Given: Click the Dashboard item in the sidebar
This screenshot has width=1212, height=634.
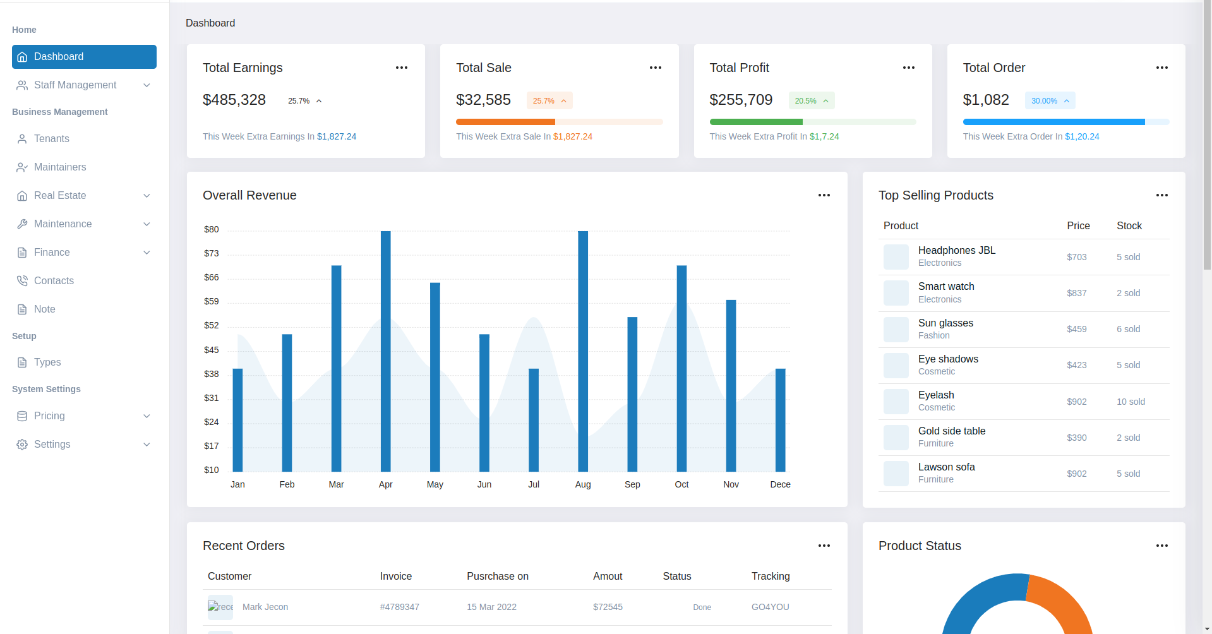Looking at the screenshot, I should (x=84, y=57).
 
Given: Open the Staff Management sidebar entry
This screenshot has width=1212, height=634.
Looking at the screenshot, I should (x=75, y=85).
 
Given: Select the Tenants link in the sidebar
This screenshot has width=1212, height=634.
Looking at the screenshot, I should (x=52, y=139).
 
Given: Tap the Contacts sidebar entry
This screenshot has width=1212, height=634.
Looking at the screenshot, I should (x=54, y=281).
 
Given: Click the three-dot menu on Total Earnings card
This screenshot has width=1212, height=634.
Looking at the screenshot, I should (x=402, y=68).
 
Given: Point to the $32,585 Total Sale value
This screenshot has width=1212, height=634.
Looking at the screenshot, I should (x=483, y=100).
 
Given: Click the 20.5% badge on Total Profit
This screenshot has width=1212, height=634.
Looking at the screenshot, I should (x=811, y=101).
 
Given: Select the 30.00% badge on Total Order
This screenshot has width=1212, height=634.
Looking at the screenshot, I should (x=1050, y=101).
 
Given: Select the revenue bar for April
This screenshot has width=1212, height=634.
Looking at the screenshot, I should (x=385, y=351).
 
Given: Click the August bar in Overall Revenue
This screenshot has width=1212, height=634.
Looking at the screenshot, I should (x=583, y=351).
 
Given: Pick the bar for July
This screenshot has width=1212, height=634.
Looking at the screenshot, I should (x=534, y=420).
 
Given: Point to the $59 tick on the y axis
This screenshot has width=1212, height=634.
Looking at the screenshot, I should (x=212, y=302).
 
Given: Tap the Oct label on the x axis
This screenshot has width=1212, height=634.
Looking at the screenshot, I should (x=681, y=484).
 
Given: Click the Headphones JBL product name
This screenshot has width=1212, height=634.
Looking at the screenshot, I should (x=956, y=251).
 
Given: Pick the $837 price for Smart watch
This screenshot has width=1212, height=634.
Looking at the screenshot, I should (x=1077, y=293).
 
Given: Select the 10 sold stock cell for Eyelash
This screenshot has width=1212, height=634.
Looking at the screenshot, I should (x=1131, y=402).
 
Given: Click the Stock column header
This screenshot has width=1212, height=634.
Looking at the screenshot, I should (x=1129, y=226).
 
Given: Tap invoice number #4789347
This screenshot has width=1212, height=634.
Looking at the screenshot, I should (x=399, y=607).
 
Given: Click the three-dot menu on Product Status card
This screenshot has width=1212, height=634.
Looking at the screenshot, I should (x=1161, y=546).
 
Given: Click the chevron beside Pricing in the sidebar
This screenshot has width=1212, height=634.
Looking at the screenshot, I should (x=147, y=416).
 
